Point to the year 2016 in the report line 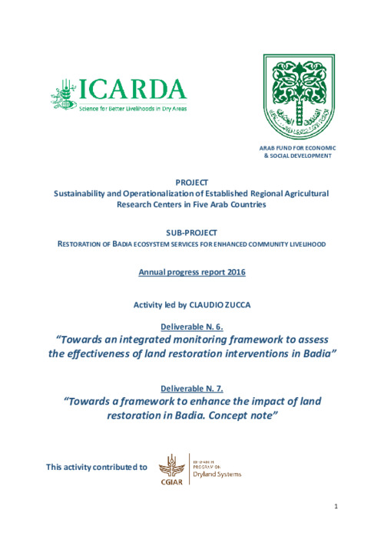232,271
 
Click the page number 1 336,527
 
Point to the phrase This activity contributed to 97,466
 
